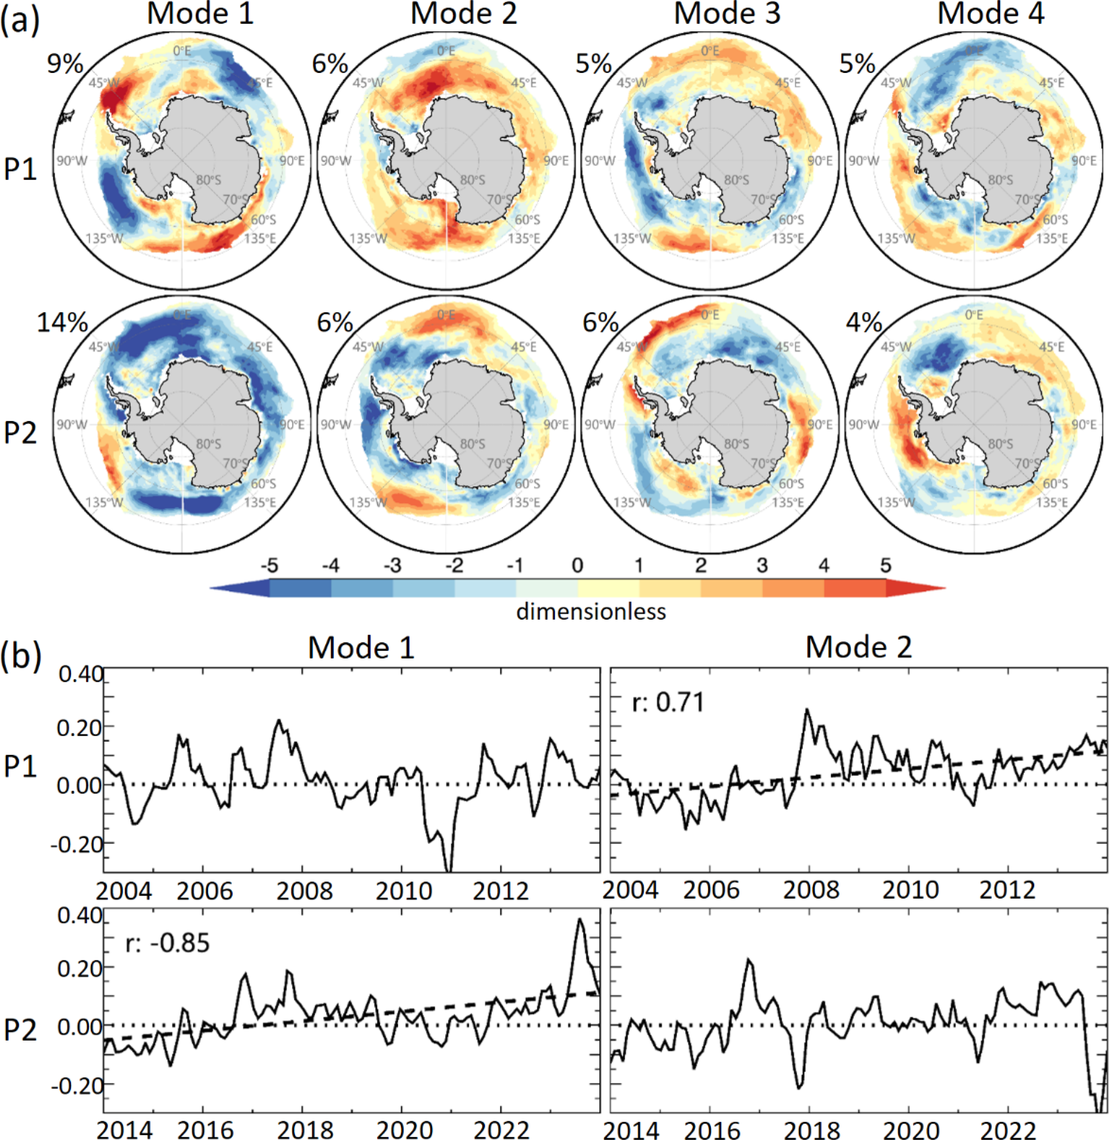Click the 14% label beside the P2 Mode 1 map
click(62, 322)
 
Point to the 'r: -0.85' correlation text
click(167, 943)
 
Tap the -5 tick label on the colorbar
click(269, 565)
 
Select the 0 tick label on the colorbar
click(577, 565)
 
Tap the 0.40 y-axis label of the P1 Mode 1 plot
click(80, 675)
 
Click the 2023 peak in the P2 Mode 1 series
click(580, 920)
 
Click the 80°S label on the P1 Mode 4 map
click(1000, 180)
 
